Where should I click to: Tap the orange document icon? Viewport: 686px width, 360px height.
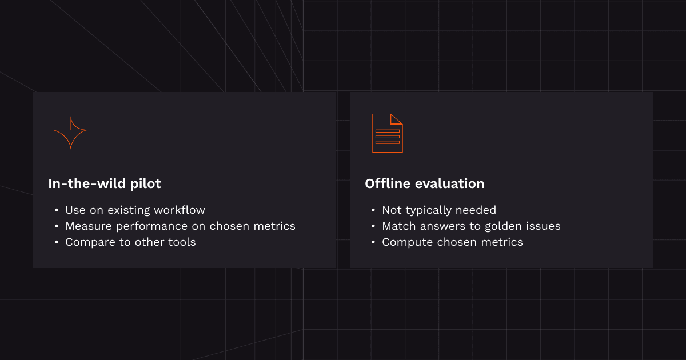(x=388, y=133)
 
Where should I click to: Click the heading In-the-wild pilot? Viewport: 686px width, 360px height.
(x=105, y=183)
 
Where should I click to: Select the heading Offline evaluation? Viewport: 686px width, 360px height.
(x=424, y=183)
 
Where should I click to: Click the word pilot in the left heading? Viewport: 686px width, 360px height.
(x=145, y=184)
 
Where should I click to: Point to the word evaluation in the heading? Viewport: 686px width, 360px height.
(x=449, y=183)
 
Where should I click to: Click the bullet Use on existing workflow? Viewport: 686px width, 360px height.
(x=135, y=210)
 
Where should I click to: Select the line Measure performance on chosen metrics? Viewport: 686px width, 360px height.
(x=180, y=226)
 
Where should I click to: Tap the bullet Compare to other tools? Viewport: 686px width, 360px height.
(x=130, y=242)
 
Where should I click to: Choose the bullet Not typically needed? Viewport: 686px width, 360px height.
(x=439, y=210)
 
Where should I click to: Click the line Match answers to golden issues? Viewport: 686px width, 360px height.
(x=471, y=226)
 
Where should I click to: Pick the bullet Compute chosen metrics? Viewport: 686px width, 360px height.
(x=452, y=242)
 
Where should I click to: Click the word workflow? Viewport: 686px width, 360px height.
(x=180, y=210)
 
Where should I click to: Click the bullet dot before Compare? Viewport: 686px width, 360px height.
(x=57, y=242)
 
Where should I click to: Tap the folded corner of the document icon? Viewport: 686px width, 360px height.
(x=396, y=119)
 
